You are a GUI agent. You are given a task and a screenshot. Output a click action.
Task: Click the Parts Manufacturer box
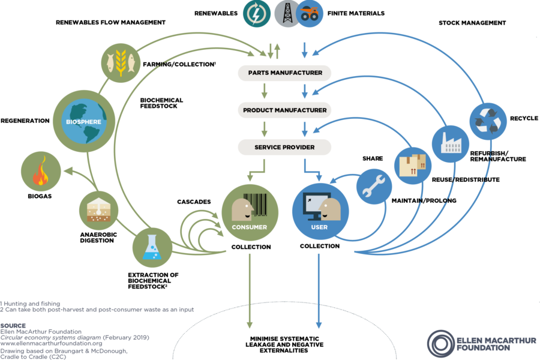[285, 73]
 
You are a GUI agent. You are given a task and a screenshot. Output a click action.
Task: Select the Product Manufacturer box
[285, 110]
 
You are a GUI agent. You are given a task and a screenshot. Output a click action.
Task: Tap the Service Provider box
[285, 147]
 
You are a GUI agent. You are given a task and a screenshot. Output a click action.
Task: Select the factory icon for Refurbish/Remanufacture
[451, 143]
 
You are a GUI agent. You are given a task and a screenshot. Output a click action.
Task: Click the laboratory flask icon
[151, 248]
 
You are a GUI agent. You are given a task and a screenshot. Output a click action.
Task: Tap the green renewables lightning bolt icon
[257, 13]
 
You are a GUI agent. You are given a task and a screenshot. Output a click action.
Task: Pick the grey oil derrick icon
[287, 13]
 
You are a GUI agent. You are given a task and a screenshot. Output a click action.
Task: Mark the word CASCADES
[194, 202]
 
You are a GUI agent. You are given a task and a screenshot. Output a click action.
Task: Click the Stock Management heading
[472, 23]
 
